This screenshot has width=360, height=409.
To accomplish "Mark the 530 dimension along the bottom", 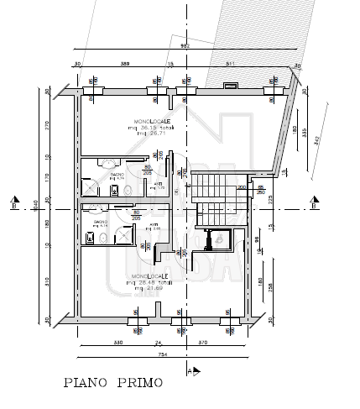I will click(117, 343).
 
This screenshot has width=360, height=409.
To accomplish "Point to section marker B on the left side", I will click(14, 203).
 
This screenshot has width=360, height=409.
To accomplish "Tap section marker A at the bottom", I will click(192, 369).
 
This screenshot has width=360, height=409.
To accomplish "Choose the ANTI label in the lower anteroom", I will click(154, 225).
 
